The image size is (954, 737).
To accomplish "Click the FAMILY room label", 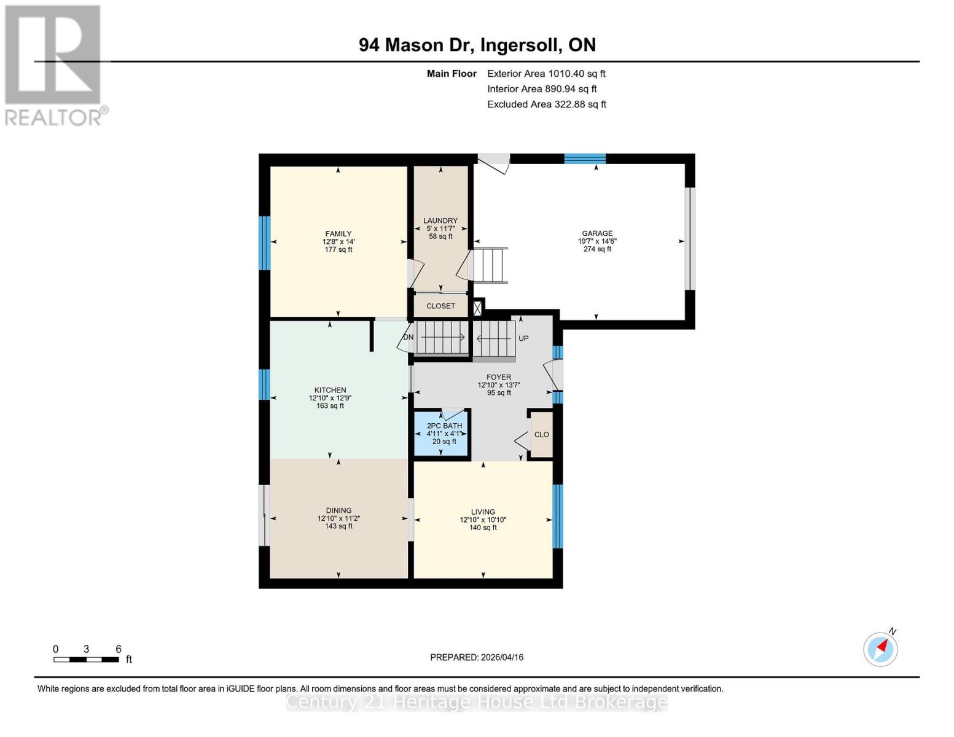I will [x=338, y=233].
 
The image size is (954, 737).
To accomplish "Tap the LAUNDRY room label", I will [x=440, y=221].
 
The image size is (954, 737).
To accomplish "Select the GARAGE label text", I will [x=597, y=233].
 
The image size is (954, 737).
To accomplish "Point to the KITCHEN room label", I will [x=330, y=390].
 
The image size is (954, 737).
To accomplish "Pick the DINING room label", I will [x=338, y=510].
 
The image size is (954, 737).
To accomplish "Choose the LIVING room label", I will [x=483, y=512].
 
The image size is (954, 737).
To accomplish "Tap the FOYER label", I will [x=499, y=378].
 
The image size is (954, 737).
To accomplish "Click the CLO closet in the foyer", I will [x=541, y=435].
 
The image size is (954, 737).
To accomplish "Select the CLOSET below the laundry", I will [x=440, y=306].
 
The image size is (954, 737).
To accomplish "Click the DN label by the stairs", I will [x=409, y=337].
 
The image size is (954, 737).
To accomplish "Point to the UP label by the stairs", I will [x=523, y=338].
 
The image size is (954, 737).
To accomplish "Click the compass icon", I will [x=880, y=649].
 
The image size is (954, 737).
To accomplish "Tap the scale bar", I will [x=86, y=660].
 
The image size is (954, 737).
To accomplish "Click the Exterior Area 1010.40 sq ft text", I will [x=546, y=74].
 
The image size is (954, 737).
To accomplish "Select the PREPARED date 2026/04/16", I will [x=477, y=657].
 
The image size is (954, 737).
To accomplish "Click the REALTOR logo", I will [x=54, y=64].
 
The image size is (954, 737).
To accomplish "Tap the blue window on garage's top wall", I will [x=585, y=158].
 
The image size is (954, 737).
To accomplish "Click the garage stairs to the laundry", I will [x=488, y=265].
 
